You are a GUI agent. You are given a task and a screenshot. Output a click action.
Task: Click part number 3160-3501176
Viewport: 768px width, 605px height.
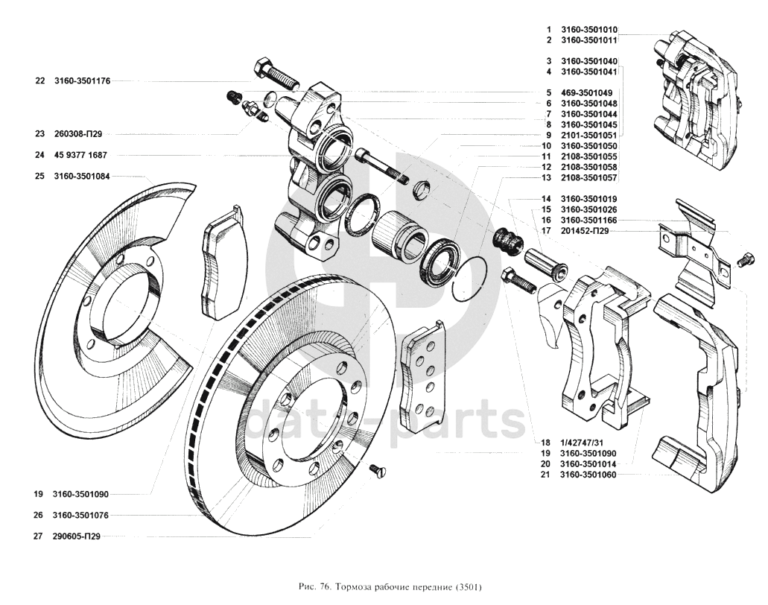point(82,80)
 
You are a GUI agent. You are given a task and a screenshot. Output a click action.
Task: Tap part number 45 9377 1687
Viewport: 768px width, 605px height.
point(80,155)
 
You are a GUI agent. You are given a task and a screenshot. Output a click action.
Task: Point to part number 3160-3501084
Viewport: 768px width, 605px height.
point(82,177)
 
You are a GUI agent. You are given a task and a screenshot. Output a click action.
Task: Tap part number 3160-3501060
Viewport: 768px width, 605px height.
point(588,475)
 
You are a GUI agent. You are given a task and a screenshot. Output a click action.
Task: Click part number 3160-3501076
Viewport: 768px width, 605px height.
point(80,516)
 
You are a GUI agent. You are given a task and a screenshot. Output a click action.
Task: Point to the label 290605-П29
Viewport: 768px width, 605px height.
point(77,536)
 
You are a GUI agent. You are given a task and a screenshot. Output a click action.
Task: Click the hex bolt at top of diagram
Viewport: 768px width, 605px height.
point(275,75)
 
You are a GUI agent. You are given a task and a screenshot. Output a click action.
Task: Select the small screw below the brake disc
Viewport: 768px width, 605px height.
point(378,470)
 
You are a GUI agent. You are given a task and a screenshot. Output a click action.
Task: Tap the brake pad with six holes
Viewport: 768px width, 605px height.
point(422,375)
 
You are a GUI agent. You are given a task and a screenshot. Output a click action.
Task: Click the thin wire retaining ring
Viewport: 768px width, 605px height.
point(469,279)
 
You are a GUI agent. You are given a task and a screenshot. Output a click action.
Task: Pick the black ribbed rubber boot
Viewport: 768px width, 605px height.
point(507,241)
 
